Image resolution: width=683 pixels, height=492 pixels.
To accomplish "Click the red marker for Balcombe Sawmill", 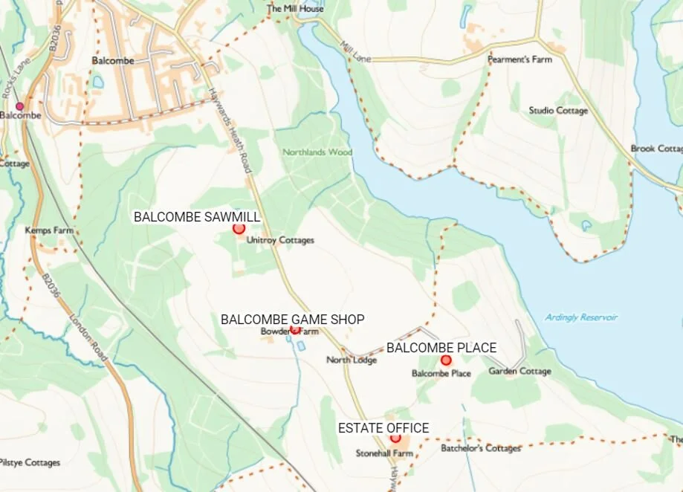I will (x=239, y=229).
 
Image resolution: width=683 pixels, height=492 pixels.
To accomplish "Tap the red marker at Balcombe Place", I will (x=446, y=360).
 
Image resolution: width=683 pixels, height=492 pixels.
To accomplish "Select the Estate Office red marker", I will (x=395, y=438).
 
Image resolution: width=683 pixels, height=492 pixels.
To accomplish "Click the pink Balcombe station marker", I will (x=20, y=106).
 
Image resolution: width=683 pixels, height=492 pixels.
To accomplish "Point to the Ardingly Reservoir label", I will (x=581, y=317).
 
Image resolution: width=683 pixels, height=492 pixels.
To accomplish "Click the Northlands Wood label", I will (x=317, y=152).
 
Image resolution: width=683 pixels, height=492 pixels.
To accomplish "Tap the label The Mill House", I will (x=295, y=9).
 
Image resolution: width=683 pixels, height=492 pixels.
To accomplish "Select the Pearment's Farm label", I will (x=519, y=59).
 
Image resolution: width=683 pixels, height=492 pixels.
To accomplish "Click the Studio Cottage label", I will (x=558, y=111).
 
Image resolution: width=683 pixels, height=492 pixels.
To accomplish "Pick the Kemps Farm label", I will (x=49, y=230).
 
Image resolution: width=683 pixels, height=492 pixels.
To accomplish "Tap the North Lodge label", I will (x=352, y=360).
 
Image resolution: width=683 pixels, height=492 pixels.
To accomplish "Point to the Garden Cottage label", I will (x=519, y=372).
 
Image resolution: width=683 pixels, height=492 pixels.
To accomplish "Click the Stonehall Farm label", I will (x=384, y=453).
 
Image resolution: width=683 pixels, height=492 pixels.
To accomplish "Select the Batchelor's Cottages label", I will (x=481, y=448).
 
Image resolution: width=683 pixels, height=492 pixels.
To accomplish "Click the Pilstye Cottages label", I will (x=30, y=462).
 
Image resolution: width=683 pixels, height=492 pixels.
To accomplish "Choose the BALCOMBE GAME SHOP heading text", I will (x=293, y=320).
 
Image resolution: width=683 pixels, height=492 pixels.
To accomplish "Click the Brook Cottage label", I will (x=656, y=149).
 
